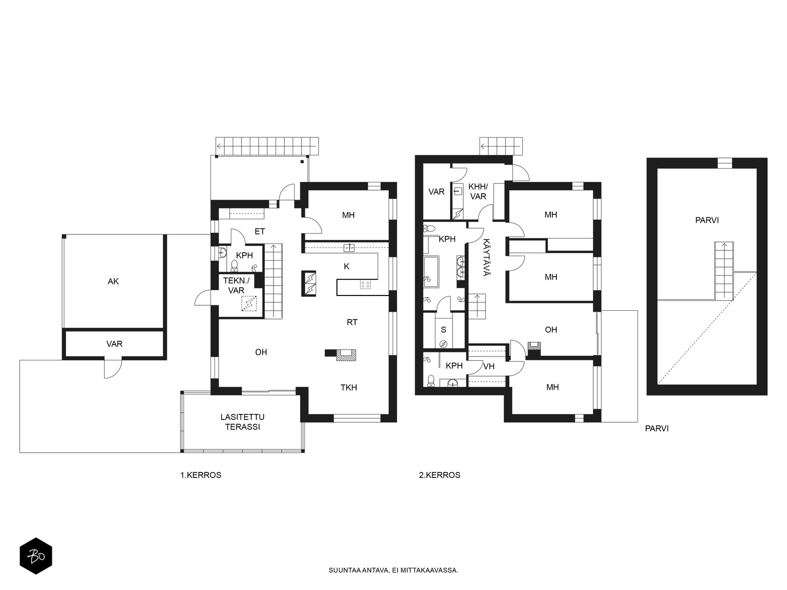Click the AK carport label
point(113,282)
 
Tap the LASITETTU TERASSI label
point(242,422)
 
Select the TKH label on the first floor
point(349,387)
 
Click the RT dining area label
point(352,323)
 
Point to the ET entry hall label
point(260,232)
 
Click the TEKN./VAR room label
point(236,286)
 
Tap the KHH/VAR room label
point(478,192)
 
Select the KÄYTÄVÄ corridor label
point(486,257)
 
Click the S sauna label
point(444,329)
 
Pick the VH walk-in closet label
point(489,366)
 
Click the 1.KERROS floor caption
point(201,475)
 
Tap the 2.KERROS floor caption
point(440,475)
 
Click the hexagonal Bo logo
point(36,556)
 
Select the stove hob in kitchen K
point(365,285)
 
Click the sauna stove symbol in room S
point(444,344)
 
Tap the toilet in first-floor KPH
point(235,265)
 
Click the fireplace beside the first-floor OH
point(346,354)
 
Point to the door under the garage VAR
point(113,367)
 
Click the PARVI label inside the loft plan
point(707,220)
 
